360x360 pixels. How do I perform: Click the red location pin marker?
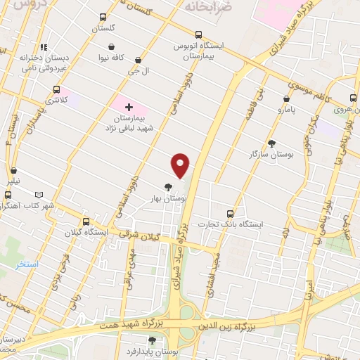click(181, 165)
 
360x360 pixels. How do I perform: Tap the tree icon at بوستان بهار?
click(167, 187)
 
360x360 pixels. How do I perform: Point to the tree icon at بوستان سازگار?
click(271, 143)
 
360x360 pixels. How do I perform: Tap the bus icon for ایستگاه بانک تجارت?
click(230, 213)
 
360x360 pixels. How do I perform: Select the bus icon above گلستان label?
click(103, 17)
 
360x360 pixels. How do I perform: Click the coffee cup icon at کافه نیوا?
click(100, 56)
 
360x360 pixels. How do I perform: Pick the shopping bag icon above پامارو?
click(286, 99)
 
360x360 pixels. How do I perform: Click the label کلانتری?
click(56, 101)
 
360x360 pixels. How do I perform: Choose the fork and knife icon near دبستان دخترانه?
click(44, 46)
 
